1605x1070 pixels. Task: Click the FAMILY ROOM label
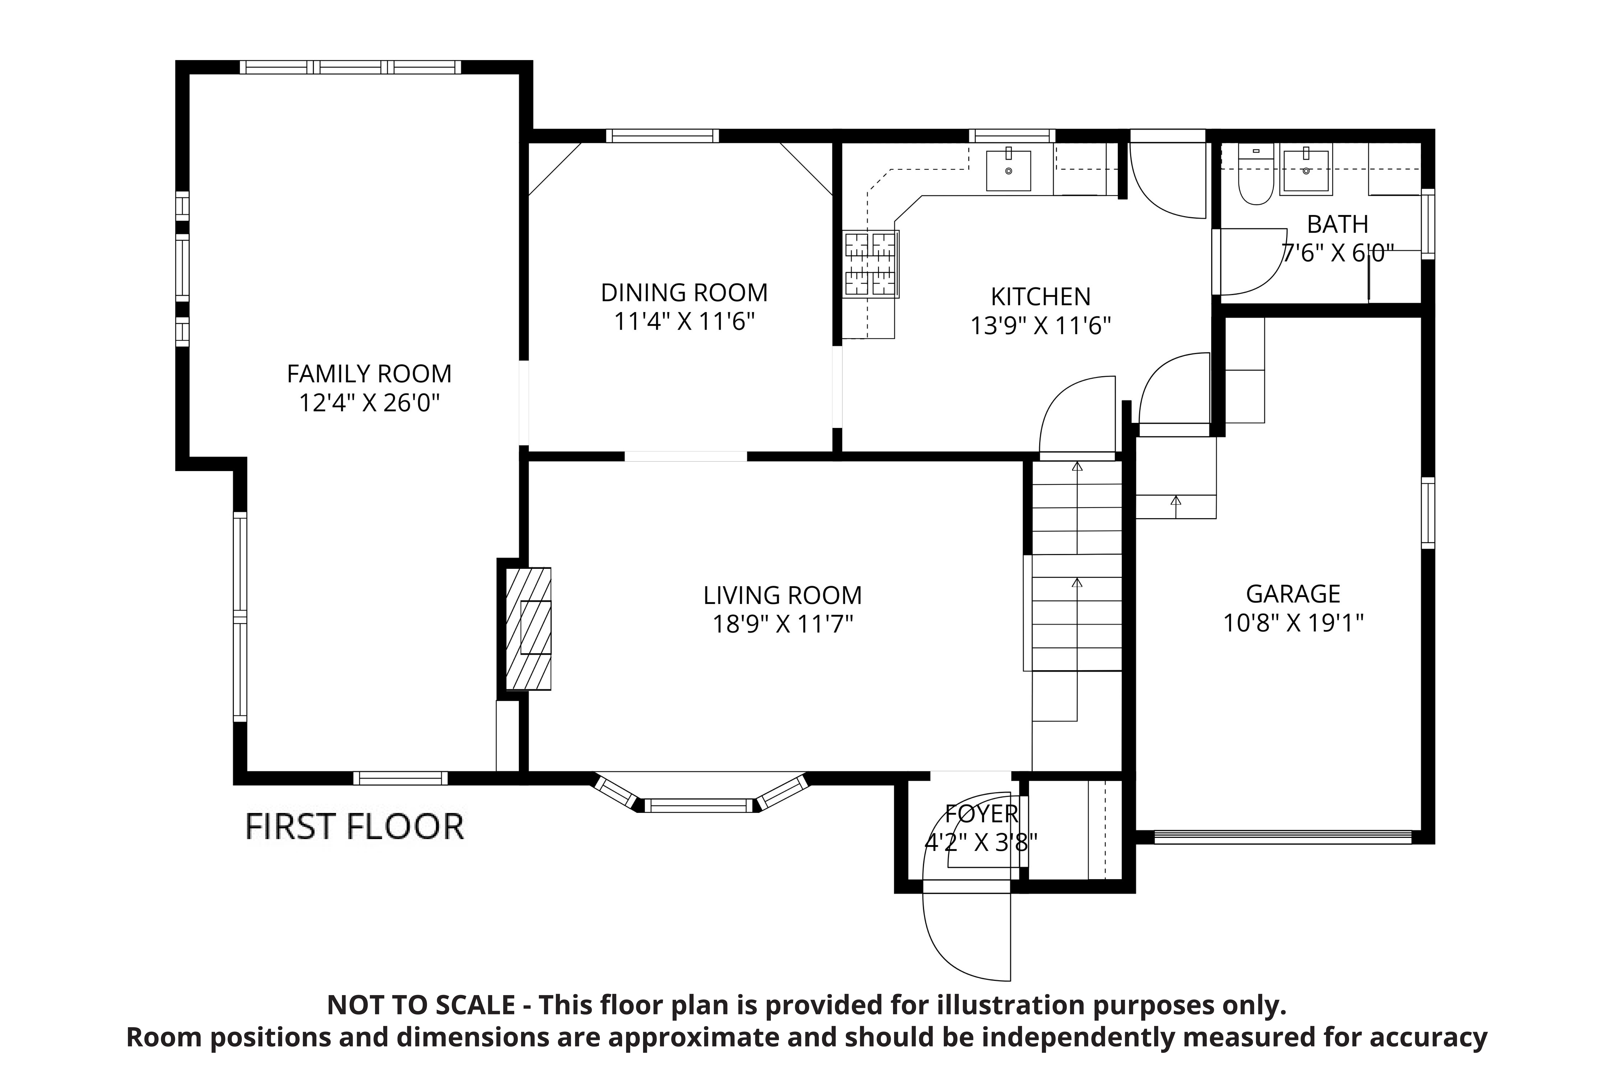coord(369,374)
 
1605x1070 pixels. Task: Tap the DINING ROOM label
coord(684,293)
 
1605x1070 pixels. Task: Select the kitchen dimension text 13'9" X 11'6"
coord(1041,326)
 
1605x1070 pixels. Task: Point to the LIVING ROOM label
coord(783,596)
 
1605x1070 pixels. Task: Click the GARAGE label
coord(1293,594)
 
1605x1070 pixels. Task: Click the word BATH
coord(1337,224)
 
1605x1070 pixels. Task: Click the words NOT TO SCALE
coord(421,1005)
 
